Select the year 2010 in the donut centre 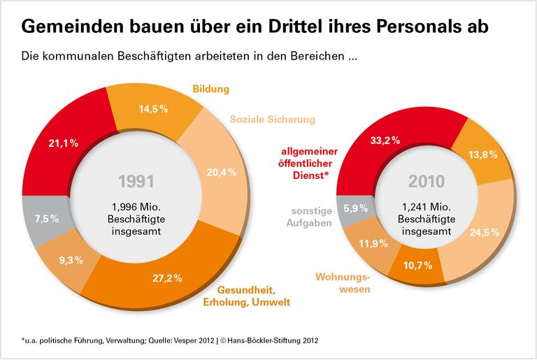coord(427,181)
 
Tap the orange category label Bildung coord(210,89)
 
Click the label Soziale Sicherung coord(272,120)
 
